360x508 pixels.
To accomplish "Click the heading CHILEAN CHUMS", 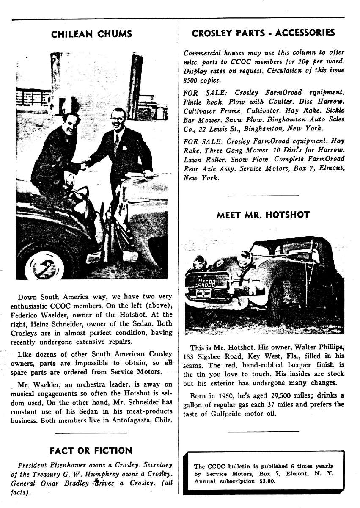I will [91, 34].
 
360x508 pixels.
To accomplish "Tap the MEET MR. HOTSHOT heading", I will [263, 215].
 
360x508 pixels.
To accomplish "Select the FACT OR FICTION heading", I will [91, 450].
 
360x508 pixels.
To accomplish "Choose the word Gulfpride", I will [234, 414].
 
